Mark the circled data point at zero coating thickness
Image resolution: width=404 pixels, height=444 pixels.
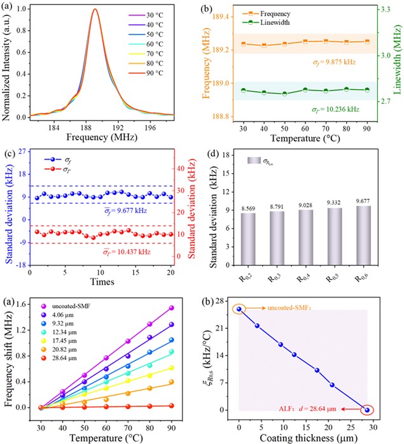pyautogui.click(x=239, y=309)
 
